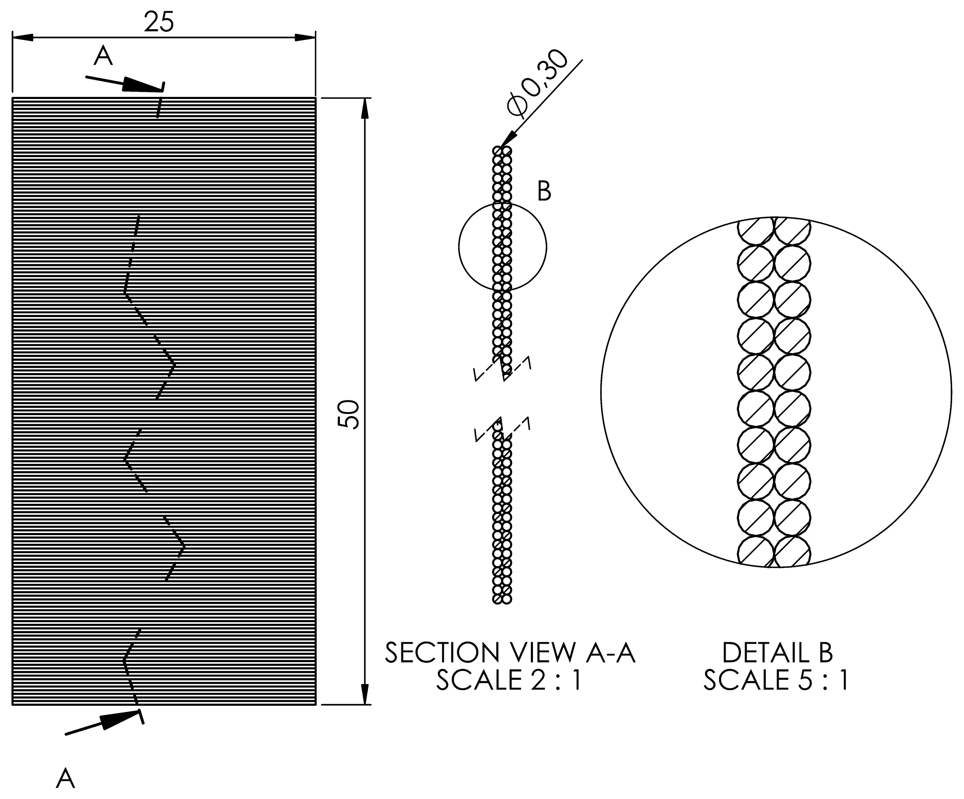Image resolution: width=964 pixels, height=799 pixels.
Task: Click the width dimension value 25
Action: [x=159, y=22]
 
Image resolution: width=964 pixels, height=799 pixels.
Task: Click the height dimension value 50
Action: [x=349, y=414]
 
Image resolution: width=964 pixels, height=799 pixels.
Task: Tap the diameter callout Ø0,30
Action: [x=537, y=82]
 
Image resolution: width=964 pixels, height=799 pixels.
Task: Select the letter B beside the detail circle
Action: [x=544, y=191]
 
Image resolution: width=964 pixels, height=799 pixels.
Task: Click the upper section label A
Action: [x=103, y=56]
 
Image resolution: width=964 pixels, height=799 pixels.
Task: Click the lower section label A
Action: [x=65, y=778]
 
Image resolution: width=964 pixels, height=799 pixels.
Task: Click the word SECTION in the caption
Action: [x=442, y=653]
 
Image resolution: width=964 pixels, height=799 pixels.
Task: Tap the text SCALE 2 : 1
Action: [x=509, y=680]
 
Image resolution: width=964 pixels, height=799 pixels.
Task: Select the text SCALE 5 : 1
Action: [x=776, y=680]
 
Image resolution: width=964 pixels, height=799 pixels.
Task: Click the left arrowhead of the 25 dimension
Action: [x=23, y=37]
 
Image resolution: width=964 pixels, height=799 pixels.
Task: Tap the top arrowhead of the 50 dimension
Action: [x=365, y=109]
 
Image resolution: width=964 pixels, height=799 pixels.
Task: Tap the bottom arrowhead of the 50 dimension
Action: [x=365, y=694]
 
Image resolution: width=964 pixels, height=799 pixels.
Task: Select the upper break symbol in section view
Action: [x=503, y=370]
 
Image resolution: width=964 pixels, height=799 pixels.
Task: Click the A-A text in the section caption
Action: [x=610, y=653]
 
